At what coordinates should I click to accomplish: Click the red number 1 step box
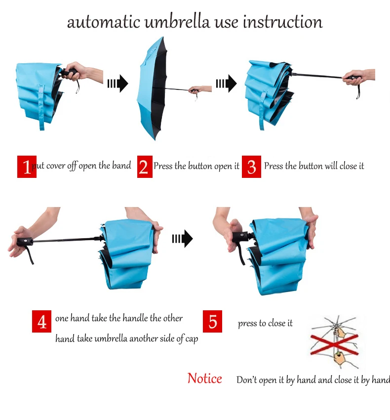click(x=27, y=167)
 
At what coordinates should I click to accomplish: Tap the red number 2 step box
click(x=145, y=167)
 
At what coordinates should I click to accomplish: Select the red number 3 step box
click(x=251, y=167)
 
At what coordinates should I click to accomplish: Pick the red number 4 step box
click(x=41, y=322)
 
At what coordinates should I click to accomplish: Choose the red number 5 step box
click(x=212, y=322)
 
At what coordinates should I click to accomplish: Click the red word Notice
click(x=205, y=378)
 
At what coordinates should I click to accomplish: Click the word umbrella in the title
click(x=177, y=22)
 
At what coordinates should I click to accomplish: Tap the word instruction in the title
click(x=283, y=22)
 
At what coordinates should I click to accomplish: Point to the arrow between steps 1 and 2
click(x=117, y=84)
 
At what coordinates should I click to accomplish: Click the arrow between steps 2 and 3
click(x=226, y=84)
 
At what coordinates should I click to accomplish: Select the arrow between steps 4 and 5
click(x=182, y=238)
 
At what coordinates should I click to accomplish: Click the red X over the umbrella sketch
click(x=335, y=344)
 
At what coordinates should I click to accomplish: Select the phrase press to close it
click(x=265, y=323)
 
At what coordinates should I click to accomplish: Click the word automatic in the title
click(x=104, y=22)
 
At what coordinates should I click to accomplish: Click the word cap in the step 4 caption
click(x=192, y=339)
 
